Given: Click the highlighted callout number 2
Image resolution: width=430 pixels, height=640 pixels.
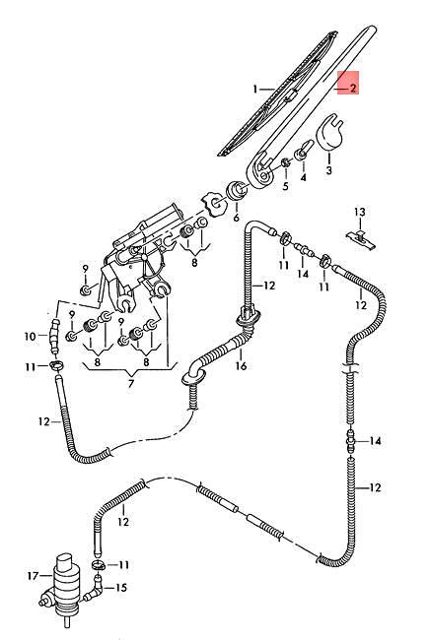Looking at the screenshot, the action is click(352, 88).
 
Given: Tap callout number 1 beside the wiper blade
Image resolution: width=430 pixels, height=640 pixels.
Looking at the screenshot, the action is click(255, 89).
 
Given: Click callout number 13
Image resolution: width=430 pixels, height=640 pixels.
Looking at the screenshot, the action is click(360, 213).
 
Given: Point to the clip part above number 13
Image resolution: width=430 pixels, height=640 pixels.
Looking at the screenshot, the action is click(360, 238).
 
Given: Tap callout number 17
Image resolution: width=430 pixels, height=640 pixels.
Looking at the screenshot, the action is click(33, 576).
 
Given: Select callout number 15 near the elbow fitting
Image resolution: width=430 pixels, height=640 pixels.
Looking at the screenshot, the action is click(121, 588).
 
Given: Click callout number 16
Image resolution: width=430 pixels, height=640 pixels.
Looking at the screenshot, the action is click(242, 365).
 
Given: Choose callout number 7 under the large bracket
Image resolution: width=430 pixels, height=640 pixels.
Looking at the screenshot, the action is click(131, 384).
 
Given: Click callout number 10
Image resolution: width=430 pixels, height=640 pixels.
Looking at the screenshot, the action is click(30, 337).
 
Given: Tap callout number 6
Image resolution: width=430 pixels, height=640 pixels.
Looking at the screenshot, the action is click(236, 218).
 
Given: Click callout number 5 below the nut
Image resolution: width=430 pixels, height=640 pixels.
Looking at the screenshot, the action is click(285, 186).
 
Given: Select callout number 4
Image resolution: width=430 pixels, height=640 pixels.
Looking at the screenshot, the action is click(303, 177).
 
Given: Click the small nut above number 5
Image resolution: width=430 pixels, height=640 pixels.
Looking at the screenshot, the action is click(286, 163).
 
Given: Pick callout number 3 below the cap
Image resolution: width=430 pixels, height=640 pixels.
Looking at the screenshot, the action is click(329, 169).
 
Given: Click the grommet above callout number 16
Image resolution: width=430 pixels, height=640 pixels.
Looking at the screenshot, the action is click(248, 318).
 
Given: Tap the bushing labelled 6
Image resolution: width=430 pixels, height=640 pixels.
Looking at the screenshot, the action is click(237, 191).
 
